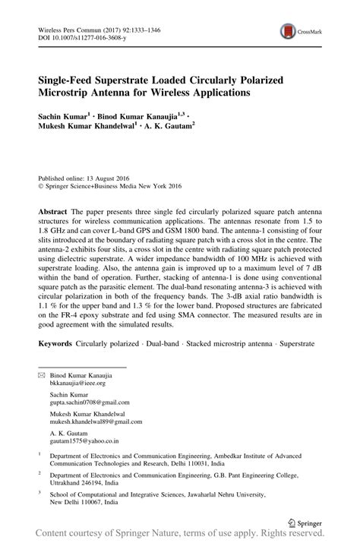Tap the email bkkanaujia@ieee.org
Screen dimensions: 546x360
(x=77, y=384)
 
